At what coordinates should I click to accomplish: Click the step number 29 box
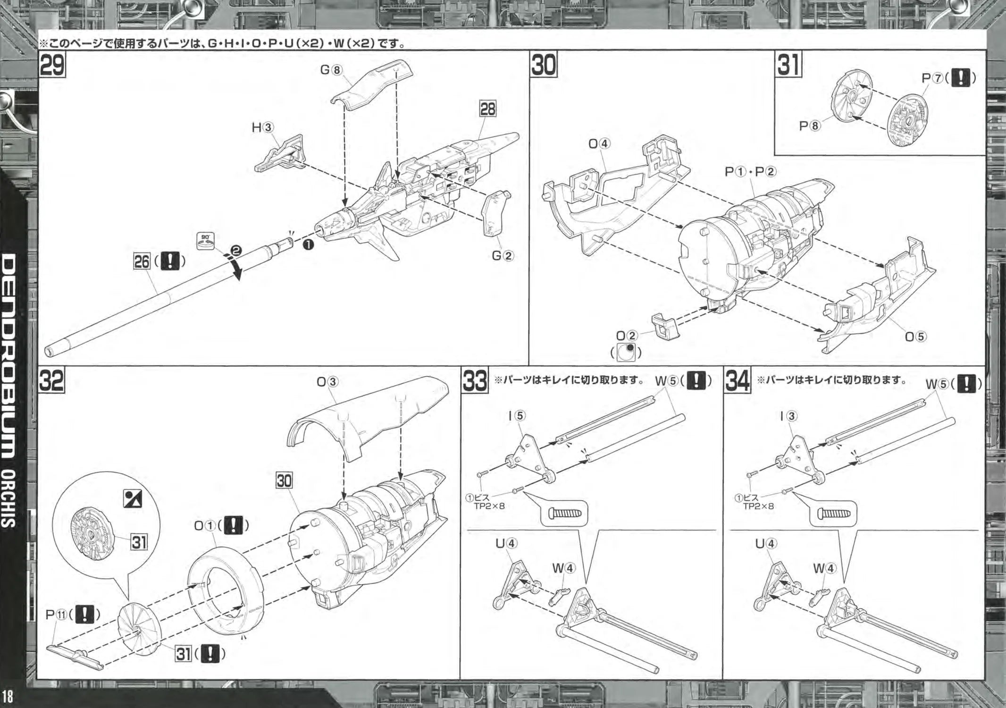(x=52, y=65)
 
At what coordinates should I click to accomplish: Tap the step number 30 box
(x=544, y=65)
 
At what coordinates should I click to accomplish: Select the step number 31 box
(x=789, y=65)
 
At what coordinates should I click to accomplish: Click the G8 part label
(x=330, y=70)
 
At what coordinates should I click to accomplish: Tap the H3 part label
(x=263, y=127)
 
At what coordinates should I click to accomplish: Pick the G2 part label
(x=502, y=256)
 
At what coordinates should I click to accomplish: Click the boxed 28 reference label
(x=487, y=109)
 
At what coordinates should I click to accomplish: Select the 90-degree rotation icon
(x=205, y=241)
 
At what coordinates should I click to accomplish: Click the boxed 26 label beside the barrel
(x=142, y=261)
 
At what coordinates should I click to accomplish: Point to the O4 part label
(x=599, y=143)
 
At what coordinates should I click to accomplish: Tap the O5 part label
(x=915, y=337)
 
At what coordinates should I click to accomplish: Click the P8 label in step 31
(x=809, y=126)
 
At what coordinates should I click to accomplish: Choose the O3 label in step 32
(x=328, y=382)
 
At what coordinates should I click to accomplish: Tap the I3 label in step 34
(x=788, y=416)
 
